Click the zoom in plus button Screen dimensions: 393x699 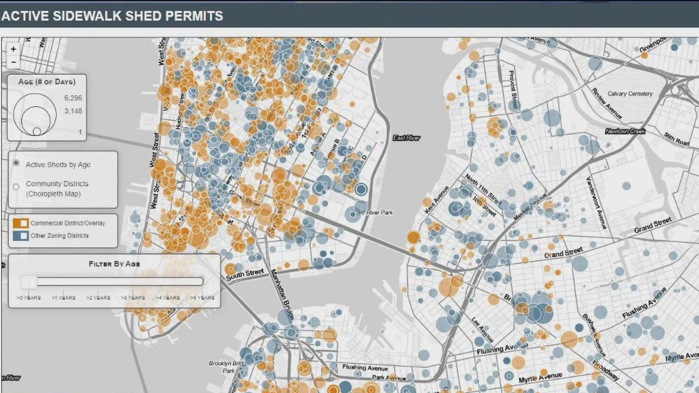[x=14, y=49]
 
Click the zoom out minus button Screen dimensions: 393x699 [x=14, y=61]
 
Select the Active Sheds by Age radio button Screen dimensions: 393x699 [x=16, y=164]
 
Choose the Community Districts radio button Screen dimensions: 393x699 [x=16, y=187]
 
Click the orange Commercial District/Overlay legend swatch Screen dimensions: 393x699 [x=21, y=223]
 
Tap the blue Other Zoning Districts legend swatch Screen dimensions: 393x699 [x=21, y=236]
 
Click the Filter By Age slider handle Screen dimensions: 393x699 [x=28, y=281]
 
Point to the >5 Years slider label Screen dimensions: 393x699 [x=203, y=298]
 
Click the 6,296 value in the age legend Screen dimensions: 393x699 [x=73, y=98]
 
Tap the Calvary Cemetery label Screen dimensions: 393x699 [x=630, y=94]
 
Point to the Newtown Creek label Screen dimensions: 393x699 [x=625, y=131]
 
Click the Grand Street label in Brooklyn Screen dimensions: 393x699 [x=652, y=225]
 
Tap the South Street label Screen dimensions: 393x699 [x=244, y=273]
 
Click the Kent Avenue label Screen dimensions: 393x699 [x=436, y=199]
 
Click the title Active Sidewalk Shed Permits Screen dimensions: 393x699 [x=112, y=15]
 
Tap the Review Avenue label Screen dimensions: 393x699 [x=606, y=102]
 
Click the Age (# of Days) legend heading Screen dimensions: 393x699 [x=46, y=82]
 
